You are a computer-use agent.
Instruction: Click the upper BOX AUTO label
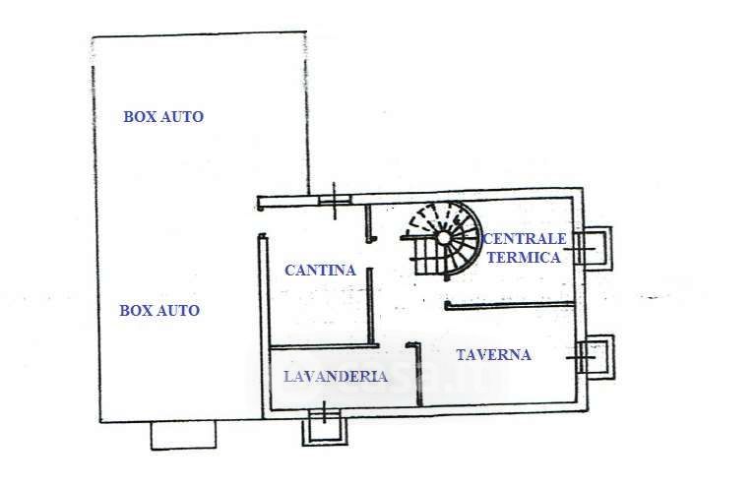163,116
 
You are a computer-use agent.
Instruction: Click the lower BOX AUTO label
159,310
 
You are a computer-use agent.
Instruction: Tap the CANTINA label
320,270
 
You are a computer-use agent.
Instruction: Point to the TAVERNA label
493,354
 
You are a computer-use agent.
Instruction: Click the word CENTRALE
525,239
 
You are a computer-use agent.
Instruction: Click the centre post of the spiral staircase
443,237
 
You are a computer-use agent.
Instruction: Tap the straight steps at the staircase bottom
430,260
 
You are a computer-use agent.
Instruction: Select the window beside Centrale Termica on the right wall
596,248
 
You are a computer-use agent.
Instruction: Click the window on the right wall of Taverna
597,355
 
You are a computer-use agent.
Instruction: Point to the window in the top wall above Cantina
335,200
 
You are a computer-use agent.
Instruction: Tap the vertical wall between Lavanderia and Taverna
418,374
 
